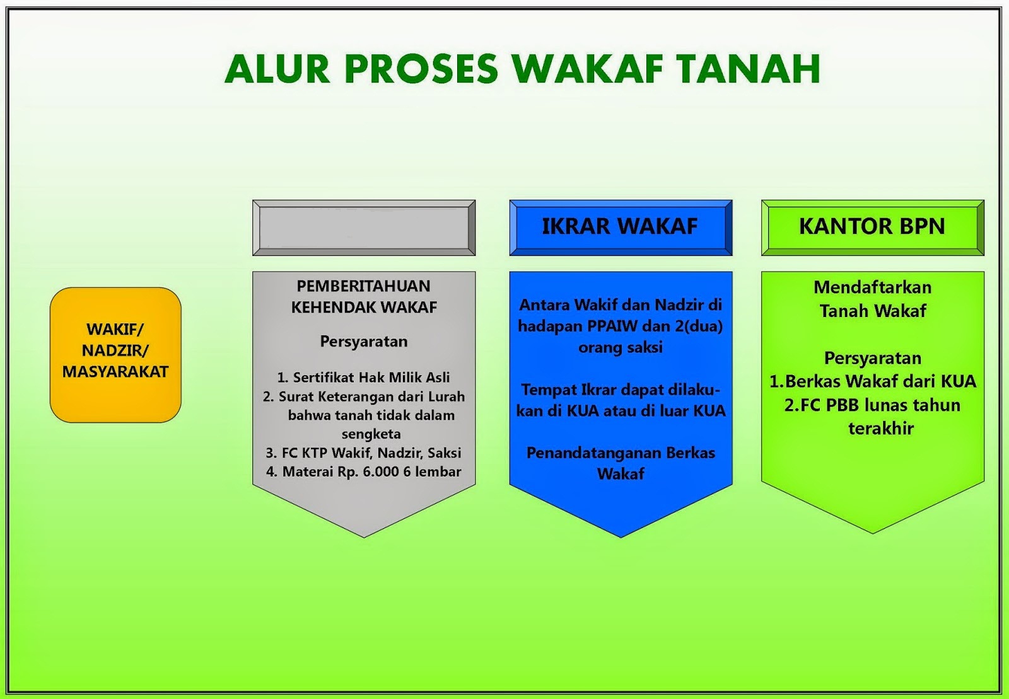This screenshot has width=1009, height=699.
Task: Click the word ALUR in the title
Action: [x=277, y=69]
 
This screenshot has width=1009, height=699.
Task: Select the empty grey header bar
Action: [x=364, y=228]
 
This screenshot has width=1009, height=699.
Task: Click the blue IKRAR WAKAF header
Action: [x=620, y=227]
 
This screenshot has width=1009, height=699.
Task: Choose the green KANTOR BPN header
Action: [x=872, y=227]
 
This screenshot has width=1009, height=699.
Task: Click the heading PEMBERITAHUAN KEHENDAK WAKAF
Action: [x=364, y=296]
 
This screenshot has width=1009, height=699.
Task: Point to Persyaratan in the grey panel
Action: [x=364, y=342]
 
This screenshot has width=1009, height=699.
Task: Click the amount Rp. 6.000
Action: [x=367, y=471]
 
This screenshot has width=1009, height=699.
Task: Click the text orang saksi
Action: [x=620, y=347]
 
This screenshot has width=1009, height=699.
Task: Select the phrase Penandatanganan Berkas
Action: [x=620, y=453]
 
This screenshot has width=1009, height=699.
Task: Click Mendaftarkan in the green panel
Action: [x=872, y=287]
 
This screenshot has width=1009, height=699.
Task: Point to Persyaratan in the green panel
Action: [x=872, y=358]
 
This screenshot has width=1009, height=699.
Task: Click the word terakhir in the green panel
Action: [x=880, y=429]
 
